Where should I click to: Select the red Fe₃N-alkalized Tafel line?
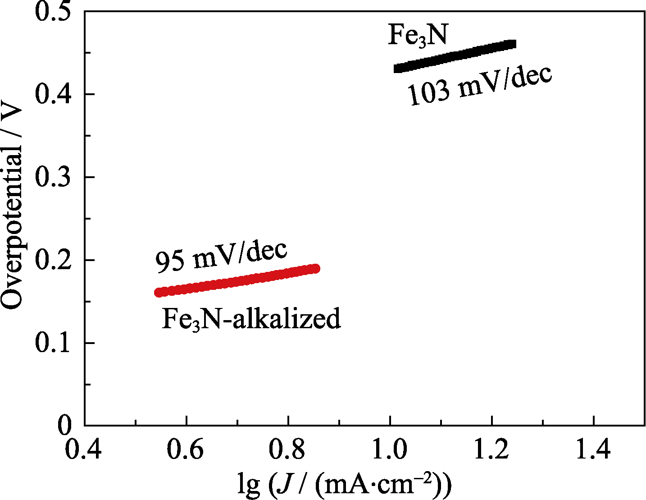tap(237, 280)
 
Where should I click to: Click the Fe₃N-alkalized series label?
tap(251, 318)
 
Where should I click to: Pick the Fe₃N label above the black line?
tap(418, 35)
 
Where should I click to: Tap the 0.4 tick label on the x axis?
tap(84, 450)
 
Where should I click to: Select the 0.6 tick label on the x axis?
tap(186, 450)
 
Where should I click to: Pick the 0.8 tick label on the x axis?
tap(288, 450)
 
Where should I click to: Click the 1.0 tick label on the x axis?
tap(390, 450)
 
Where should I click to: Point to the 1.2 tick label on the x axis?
tap(492, 450)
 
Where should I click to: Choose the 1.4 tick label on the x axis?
tap(594, 450)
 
